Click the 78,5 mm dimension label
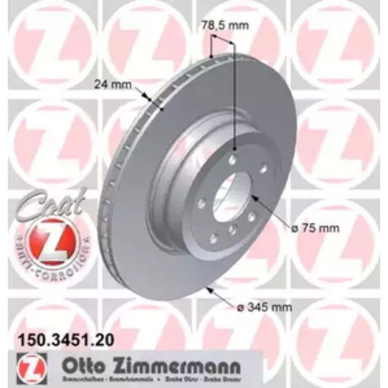(224, 25)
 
